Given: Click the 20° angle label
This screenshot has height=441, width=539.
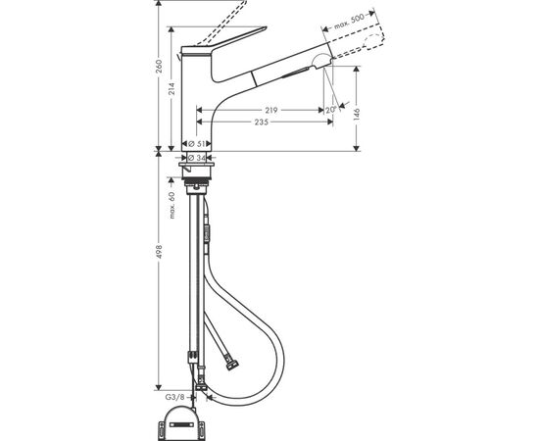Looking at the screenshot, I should point(330,111).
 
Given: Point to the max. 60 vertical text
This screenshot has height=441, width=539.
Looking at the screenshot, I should point(171,209).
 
